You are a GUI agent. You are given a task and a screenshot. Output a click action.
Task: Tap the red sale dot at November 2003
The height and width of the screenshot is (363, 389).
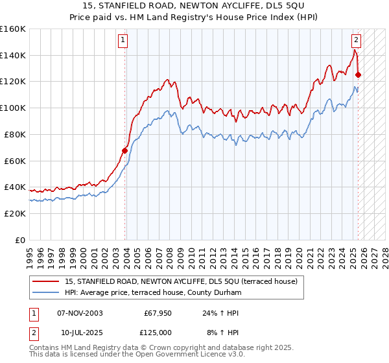[124, 150]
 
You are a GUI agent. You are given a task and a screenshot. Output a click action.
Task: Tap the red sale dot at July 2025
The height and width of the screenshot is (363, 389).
[358, 75]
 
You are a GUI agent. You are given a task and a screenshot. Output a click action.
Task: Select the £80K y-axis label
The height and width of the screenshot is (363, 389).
[15, 134]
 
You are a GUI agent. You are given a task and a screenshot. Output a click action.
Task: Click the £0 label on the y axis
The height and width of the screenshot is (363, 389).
[20, 240]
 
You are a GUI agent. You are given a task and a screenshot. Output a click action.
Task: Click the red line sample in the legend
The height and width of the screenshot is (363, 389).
[46, 281]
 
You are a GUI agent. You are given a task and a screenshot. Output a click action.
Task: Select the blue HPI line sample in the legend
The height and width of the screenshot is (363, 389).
[46, 292]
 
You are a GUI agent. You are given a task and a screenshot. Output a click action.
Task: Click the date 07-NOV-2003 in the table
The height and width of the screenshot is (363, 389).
[80, 313]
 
